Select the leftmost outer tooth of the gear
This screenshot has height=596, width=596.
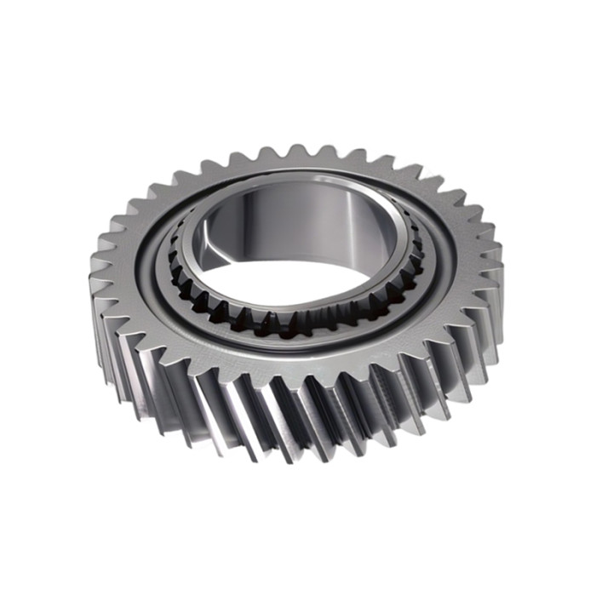click(95, 281)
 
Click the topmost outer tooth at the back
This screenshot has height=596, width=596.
click(298, 154)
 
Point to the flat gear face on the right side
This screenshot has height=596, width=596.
click(464, 255)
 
